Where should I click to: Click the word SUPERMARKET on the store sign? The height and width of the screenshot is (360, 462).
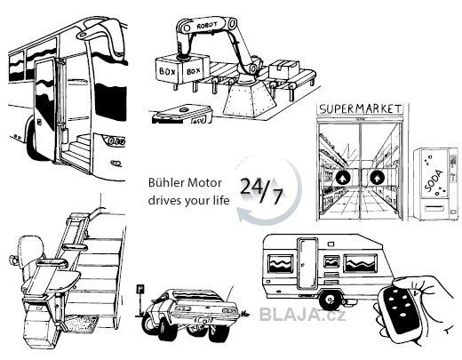coord(361,108)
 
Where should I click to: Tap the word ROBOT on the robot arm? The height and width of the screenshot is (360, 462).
coord(207,26)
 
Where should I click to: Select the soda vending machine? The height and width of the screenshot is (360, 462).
coord(437,184)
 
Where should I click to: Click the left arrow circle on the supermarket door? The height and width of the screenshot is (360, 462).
coord(343,178)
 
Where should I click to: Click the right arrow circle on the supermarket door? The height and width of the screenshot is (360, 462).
coord(377,178)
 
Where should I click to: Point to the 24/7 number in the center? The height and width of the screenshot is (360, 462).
coord(261,190)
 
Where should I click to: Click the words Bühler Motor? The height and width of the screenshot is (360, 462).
coord(185,182)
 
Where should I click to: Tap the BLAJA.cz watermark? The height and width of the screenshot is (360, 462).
coord(302,315)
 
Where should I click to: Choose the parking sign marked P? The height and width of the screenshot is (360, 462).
coord(139,289)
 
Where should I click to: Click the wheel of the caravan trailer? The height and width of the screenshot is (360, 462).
coord(330,300)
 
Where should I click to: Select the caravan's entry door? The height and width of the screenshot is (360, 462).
coord(307,263)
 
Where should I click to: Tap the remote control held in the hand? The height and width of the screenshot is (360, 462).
coord(400,309)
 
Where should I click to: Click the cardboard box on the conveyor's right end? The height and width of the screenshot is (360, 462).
coord(284,69)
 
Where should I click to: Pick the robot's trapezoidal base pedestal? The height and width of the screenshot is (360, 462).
coord(250,100)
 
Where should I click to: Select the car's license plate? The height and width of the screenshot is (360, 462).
coord(203,321)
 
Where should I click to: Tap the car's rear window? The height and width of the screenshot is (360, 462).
coord(196,295)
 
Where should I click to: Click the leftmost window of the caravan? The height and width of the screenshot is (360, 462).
coord(280,263)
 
